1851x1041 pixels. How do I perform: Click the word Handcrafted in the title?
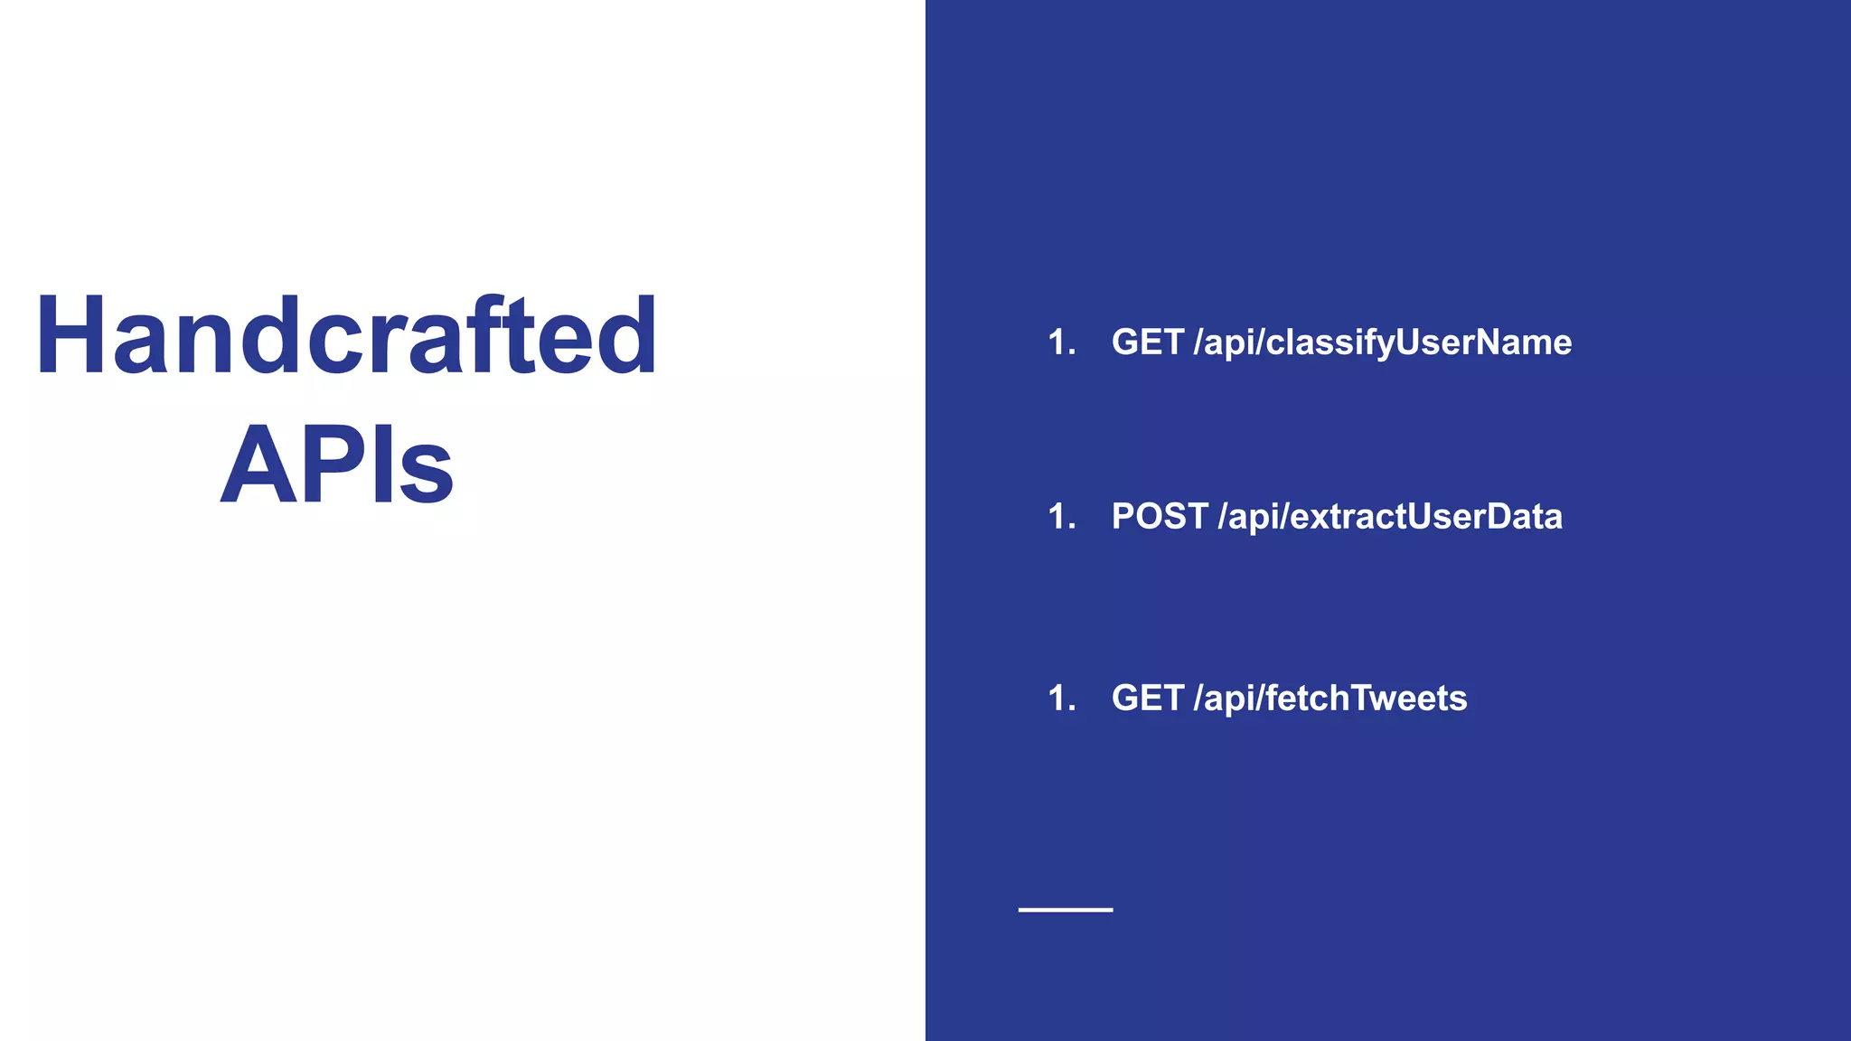[x=346, y=336]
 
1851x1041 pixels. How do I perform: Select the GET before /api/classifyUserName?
[x=1148, y=342]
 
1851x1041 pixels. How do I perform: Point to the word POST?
[x=1160, y=517]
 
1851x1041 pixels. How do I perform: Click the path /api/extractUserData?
[x=1390, y=517]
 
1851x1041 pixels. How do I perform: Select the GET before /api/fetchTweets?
[x=1148, y=699]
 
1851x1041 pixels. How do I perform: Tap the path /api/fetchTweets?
[x=1330, y=699]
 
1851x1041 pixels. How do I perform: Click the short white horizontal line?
[x=1066, y=909]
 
